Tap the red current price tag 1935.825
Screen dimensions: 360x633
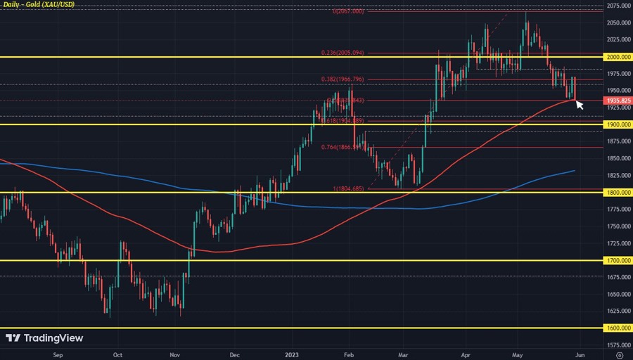point(617,101)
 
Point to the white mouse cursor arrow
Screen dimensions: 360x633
point(579,105)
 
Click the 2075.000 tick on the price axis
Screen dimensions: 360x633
point(617,6)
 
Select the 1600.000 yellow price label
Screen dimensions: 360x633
point(617,328)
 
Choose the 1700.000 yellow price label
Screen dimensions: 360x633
point(617,261)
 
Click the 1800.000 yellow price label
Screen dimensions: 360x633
point(617,193)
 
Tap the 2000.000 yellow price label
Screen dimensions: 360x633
point(617,57)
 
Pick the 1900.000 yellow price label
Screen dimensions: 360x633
point(617,124)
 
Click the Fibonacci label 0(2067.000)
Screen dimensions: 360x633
point(348,11)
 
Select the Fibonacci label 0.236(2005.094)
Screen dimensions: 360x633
point(344,53)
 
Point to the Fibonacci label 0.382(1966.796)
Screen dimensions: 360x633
point(344,79)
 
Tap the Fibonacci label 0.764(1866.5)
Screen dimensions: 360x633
point(344,147)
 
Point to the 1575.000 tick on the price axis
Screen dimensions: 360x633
point(617,345)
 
